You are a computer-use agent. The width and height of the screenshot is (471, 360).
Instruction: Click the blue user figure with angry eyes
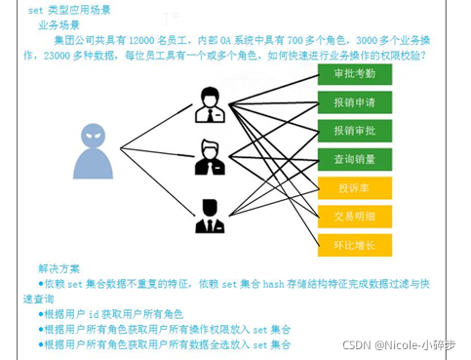click(94, 151)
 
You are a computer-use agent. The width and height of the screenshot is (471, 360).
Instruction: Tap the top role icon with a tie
click(210, 105)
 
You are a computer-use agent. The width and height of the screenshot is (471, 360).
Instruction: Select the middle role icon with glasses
click(210, 158)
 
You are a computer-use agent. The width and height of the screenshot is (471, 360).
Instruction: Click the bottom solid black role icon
click(210, 216)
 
